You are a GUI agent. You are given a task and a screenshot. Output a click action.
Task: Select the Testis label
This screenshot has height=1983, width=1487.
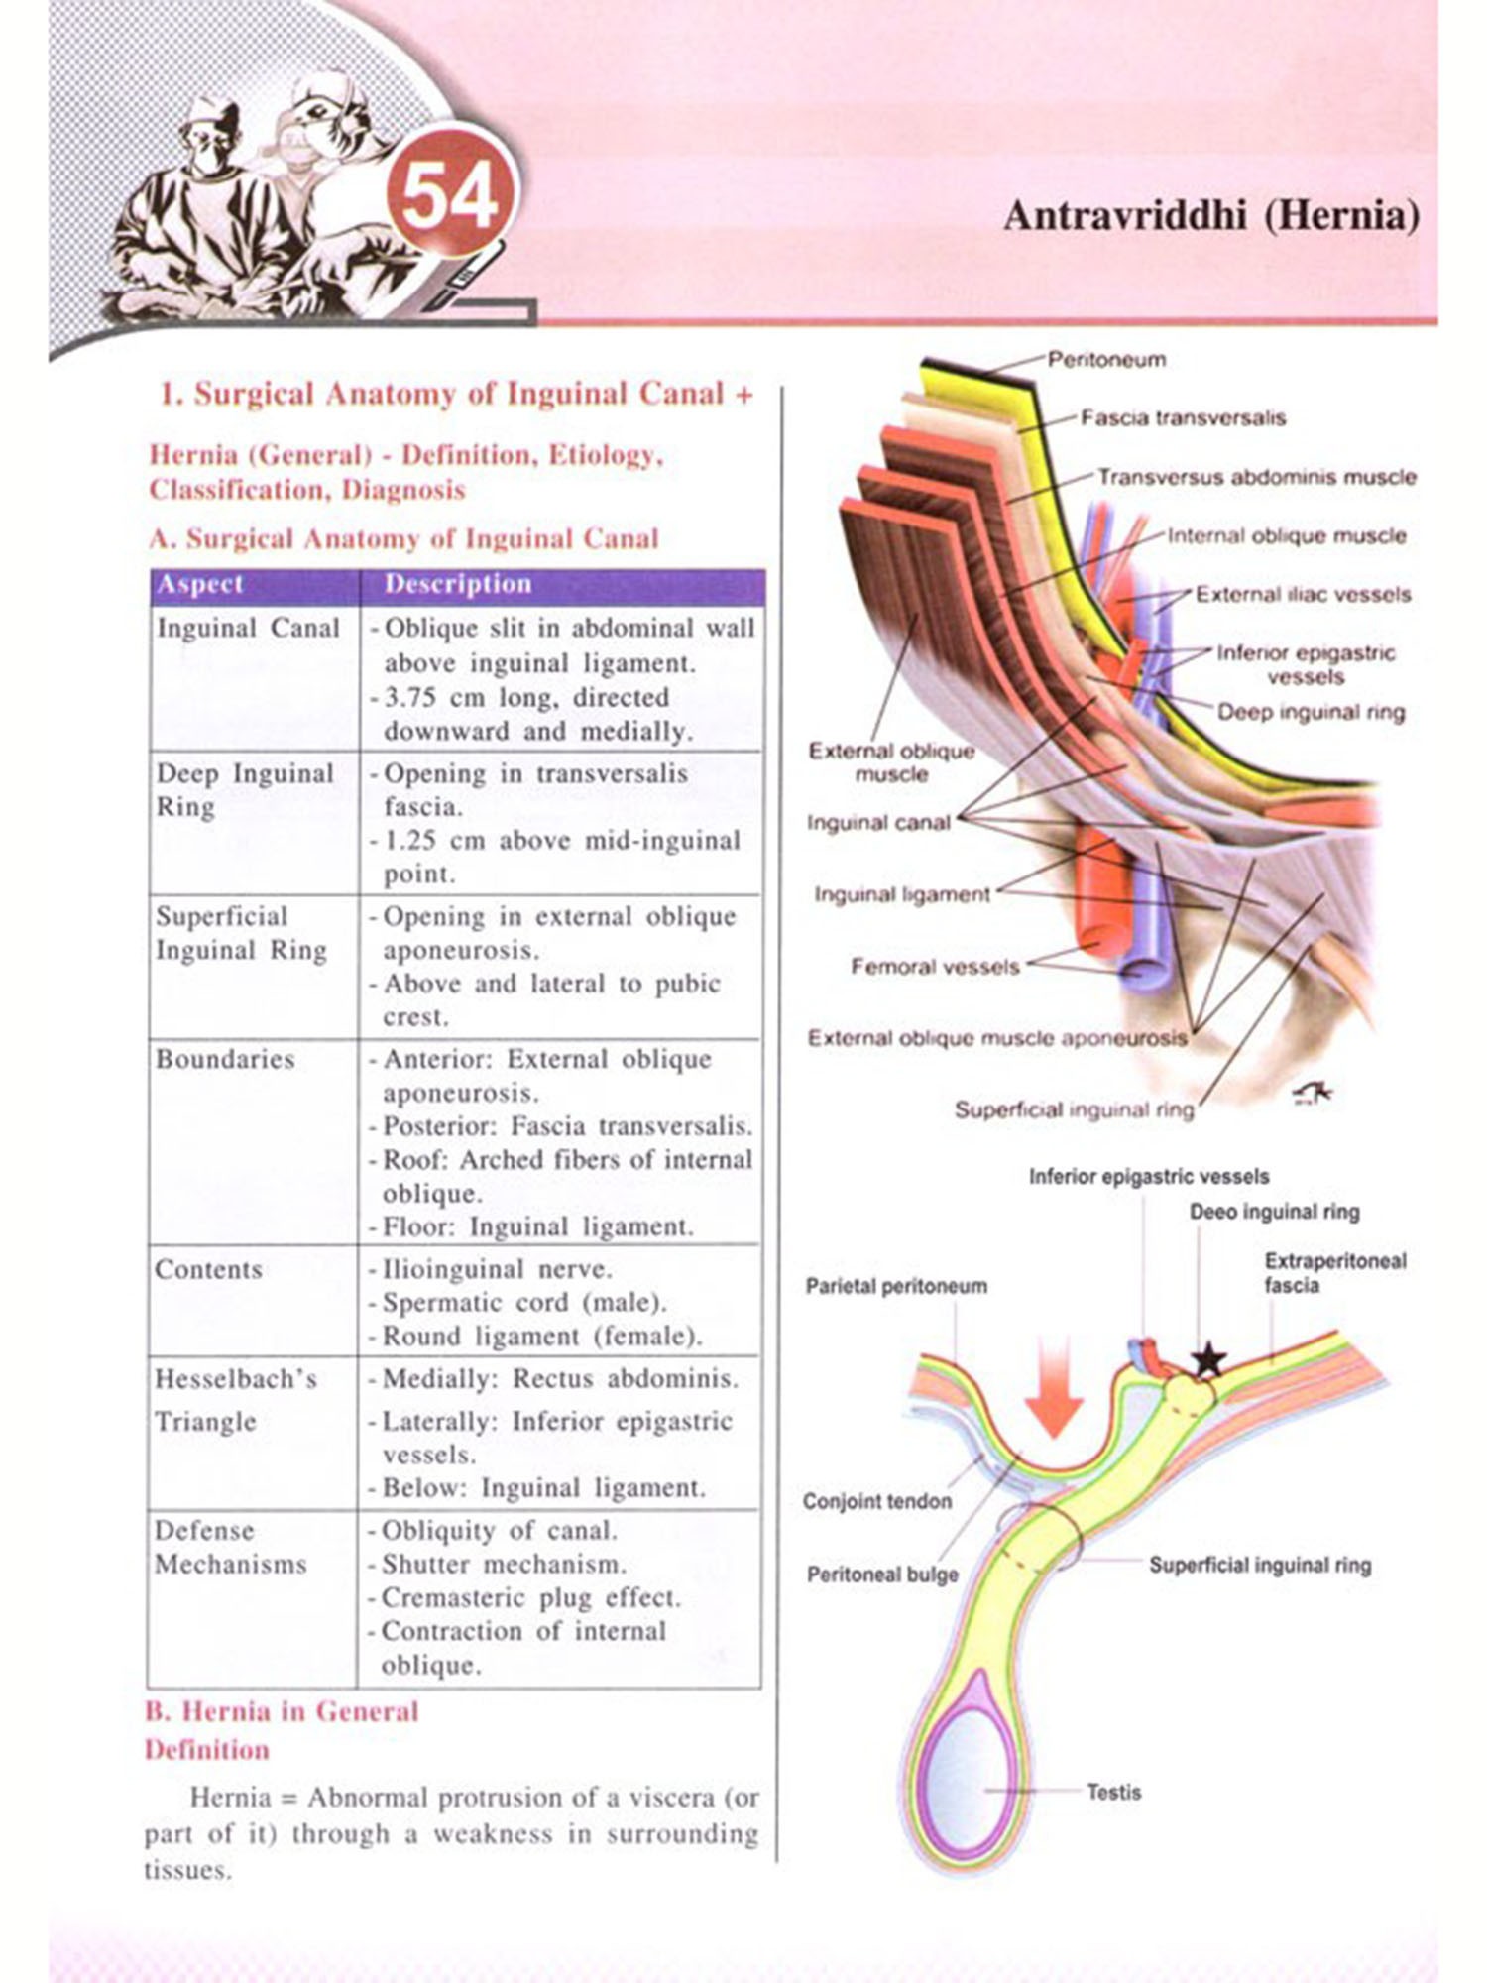coord(1113,1793)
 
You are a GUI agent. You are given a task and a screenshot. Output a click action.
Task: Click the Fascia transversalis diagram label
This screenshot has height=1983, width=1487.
coord(1183,418)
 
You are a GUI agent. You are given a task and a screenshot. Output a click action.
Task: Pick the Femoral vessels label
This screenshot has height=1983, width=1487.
coord(935,967)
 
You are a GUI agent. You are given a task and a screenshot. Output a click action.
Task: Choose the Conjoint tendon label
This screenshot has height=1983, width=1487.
coord(877,1501)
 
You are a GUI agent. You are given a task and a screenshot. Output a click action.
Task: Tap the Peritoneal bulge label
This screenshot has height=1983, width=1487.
coord(882,1575)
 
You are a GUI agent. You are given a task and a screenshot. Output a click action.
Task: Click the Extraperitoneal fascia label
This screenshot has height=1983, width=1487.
coord(1334,1273)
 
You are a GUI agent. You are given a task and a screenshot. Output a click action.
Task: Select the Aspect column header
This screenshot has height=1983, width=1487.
coord(200,585)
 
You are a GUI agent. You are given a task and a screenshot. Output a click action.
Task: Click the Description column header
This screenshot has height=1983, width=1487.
coord(458,585)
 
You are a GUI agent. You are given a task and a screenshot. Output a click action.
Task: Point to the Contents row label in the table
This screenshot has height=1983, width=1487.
coord(208,1270)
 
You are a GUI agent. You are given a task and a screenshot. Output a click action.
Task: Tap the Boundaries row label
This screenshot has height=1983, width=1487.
coord(225,1060)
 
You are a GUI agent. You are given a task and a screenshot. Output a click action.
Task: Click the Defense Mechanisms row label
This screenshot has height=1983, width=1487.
coord(230,1548)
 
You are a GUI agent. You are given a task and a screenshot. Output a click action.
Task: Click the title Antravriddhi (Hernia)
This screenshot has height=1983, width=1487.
coord(1210,215)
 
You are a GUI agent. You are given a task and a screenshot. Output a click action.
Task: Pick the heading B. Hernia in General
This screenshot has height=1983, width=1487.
coord(283,1712)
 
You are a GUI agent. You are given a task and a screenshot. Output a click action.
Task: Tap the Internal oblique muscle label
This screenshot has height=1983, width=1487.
coord(1286,536)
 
